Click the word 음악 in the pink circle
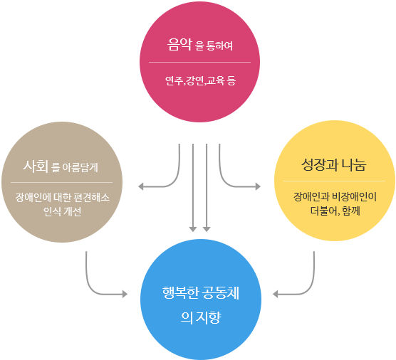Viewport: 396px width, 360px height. [179, 45]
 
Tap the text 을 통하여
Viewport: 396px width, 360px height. [214, 46]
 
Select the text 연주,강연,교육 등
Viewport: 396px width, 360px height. [200, 80]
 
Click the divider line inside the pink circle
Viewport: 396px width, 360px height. [199, 62]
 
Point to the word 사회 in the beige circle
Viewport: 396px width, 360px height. [36, 166]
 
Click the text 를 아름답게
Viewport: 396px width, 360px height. [75, 167]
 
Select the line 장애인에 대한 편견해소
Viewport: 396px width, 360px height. [63, 197]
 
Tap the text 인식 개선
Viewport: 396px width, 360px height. [63, 211]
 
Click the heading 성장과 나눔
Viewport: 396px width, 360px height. [334, 165]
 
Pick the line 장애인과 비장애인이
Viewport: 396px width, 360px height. [335, 197]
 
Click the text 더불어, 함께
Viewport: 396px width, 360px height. [335, 211]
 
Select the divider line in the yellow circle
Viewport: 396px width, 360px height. [334, 181]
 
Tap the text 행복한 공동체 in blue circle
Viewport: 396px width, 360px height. [201, 292]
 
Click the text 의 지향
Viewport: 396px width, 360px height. [201, 317]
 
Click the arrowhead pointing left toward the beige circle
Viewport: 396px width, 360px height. [141, 186]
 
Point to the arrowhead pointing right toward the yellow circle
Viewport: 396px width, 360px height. [258, 186]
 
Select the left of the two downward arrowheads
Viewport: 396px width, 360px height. [193, 229]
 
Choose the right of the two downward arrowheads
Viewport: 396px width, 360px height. [207, 229]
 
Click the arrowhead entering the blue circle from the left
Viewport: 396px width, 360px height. [125, 294]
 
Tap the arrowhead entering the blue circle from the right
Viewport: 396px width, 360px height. [276, 294]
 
